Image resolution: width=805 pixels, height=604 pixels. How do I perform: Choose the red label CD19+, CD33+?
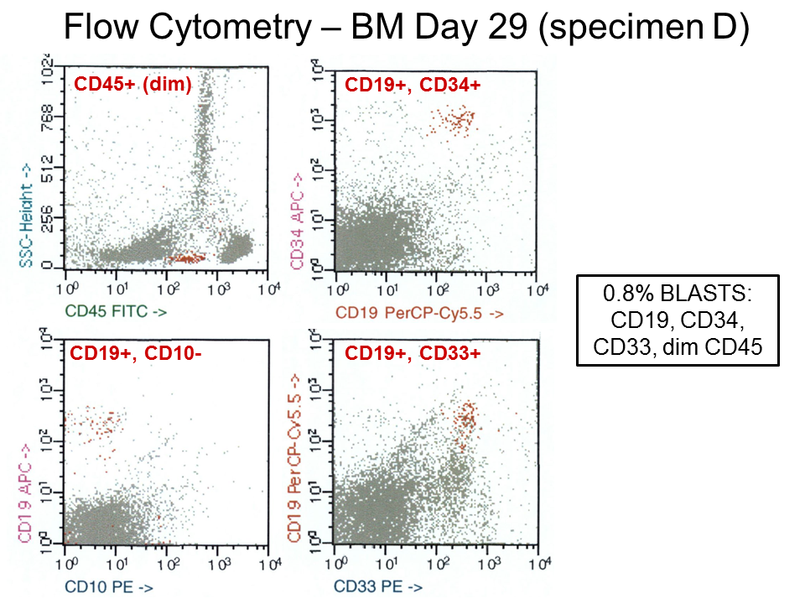(x=413, y=353)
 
